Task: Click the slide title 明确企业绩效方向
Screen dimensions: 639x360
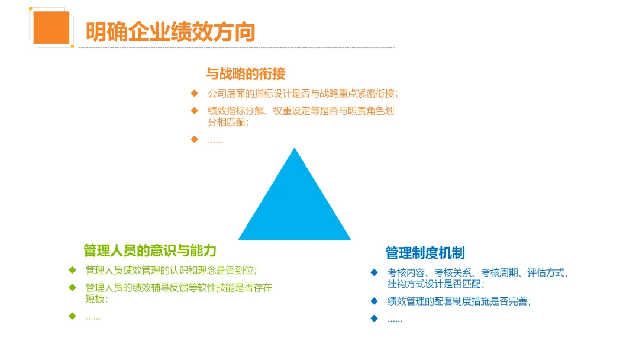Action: click(x=170, y=31)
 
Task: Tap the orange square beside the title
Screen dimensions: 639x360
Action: click(x=51, y=27)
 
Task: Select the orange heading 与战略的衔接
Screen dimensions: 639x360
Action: click(x=246, y=73)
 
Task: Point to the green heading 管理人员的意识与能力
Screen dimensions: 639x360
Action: click(x=150, y=250)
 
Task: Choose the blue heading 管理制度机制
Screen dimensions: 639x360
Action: click(x=425, y=253)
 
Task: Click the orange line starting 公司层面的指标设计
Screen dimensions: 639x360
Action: click(x=303, y=94)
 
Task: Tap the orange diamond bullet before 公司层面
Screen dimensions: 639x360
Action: click(x=194, y=94)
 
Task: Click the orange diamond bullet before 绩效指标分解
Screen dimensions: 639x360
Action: click(x=194, y=110)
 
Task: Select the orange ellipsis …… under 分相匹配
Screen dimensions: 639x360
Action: click(x=215, y=140)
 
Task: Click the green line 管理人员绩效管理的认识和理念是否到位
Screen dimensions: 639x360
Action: click(x=172, y=271)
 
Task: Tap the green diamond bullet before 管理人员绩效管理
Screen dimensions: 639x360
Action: click(x=72, y=271)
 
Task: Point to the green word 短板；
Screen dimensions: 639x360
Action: click(x=97, y=299)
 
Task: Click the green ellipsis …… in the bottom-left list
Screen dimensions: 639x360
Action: click(x=93, y=317)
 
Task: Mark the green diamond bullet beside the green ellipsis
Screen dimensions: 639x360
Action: click(x=72, y=316)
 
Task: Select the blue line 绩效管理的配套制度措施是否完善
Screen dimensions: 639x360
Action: click(x=459, y=301)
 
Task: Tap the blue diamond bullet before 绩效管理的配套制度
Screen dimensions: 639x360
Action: click(x=374, y=301)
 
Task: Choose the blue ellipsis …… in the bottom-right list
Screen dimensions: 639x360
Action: click(x=395, y=319)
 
